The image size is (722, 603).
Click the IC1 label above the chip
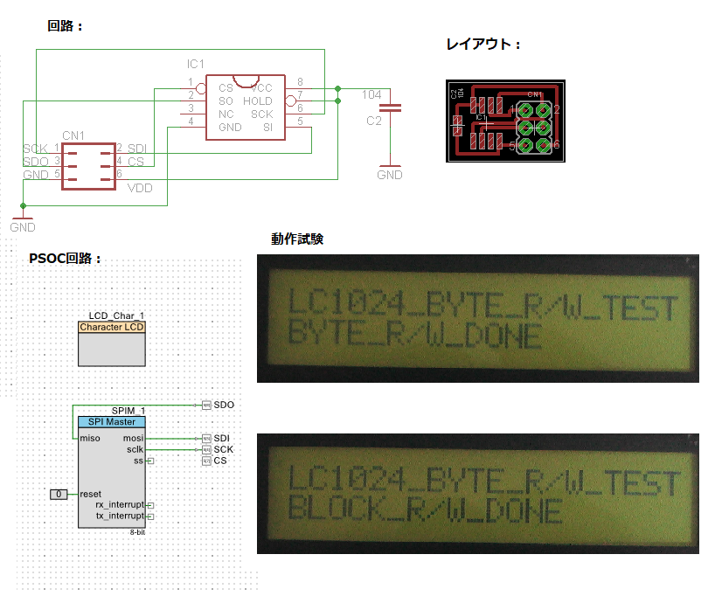tap(195, 65)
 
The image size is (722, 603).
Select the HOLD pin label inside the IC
tap(258, 101)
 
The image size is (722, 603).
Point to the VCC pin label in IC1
tap(261, 88)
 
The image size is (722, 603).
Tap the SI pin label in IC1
tap(267, 128)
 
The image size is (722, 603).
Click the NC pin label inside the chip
tap(226, 114)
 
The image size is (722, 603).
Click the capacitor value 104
tap(371, 94)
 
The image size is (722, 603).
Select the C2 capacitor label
tap(374, 121)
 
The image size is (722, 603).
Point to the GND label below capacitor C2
tap(390, 175)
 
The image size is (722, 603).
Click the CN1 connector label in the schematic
tap(73, 135)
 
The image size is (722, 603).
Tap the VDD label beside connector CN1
tap(141, 187)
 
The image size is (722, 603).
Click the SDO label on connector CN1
tap(36, 162)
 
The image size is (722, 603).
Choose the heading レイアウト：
tap(483, 45)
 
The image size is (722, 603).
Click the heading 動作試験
tap(297, 239)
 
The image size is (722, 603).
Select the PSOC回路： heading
tap(66, 260)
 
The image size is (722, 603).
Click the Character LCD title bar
tap(112, 327)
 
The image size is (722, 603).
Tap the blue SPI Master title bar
tap(112, 422)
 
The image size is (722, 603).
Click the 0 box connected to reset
tap(59, 495)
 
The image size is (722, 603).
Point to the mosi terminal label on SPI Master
tap(134, 437)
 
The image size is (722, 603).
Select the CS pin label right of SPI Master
tap(219, 461)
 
